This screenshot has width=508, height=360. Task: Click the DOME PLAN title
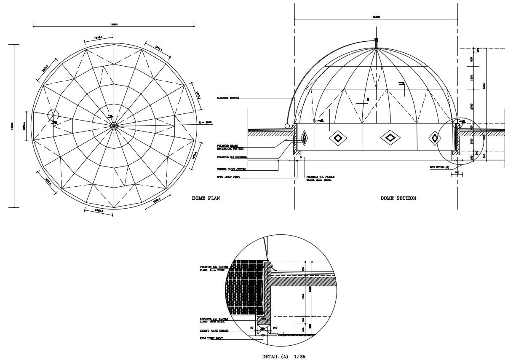(206, 198)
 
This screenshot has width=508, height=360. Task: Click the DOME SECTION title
(398, 198)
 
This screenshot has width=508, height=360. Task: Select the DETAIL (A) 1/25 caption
(283, 357)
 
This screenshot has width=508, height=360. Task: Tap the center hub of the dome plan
(114, 126)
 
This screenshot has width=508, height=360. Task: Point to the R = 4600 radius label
(205, 123)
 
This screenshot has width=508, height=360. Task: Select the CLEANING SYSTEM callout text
(228, 98)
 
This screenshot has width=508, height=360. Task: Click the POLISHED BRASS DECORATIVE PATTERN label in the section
(227, 147)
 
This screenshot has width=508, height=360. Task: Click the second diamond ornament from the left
(337, 138)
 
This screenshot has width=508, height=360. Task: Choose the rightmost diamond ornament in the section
(435, 138)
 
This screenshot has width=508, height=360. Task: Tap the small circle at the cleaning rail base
(288, 126)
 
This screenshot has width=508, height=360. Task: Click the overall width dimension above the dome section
(376, 17)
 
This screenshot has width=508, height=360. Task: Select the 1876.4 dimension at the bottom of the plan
(99, 210)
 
